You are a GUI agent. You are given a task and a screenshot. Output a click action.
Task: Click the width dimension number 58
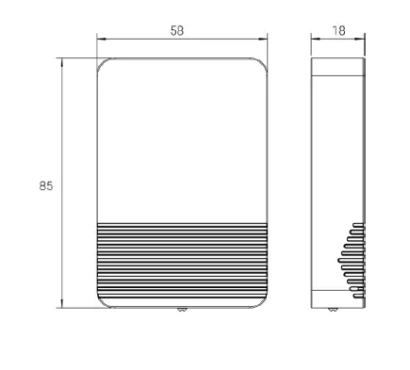point(176,30)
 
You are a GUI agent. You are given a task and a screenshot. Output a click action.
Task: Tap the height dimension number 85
point(45,185)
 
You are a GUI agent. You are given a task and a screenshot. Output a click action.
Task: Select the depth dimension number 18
point(338,30)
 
